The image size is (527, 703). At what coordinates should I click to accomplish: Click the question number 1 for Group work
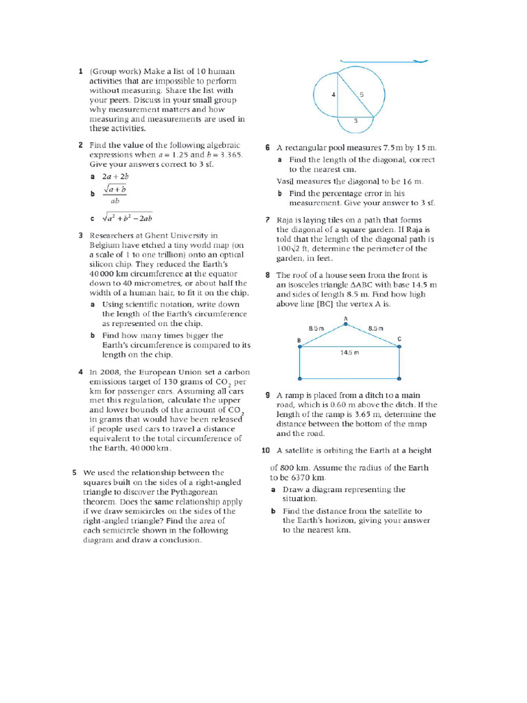tap(80, 71)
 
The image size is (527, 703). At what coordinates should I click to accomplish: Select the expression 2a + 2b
tap(115, 176)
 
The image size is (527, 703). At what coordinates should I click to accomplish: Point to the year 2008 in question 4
tap(108, 371)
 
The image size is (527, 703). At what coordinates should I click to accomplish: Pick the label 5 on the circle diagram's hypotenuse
tap(362, 94)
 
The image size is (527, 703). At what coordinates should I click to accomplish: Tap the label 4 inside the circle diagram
tap(333, 95)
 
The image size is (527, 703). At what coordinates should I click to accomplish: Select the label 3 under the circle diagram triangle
tap(355, 120)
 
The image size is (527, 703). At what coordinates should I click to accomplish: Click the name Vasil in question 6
tap(287, 181)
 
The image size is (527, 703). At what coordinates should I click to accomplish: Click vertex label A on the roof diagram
tap(345, 319)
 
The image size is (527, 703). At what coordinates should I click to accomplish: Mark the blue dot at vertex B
tap(300, 347)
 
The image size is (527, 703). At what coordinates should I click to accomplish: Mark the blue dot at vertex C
tap(399, 347)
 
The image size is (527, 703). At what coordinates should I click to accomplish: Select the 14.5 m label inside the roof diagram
tap(350, 352)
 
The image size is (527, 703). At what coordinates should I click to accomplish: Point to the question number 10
tap(266, 450)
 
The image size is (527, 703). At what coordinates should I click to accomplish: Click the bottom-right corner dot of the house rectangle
tap(399, 378)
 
